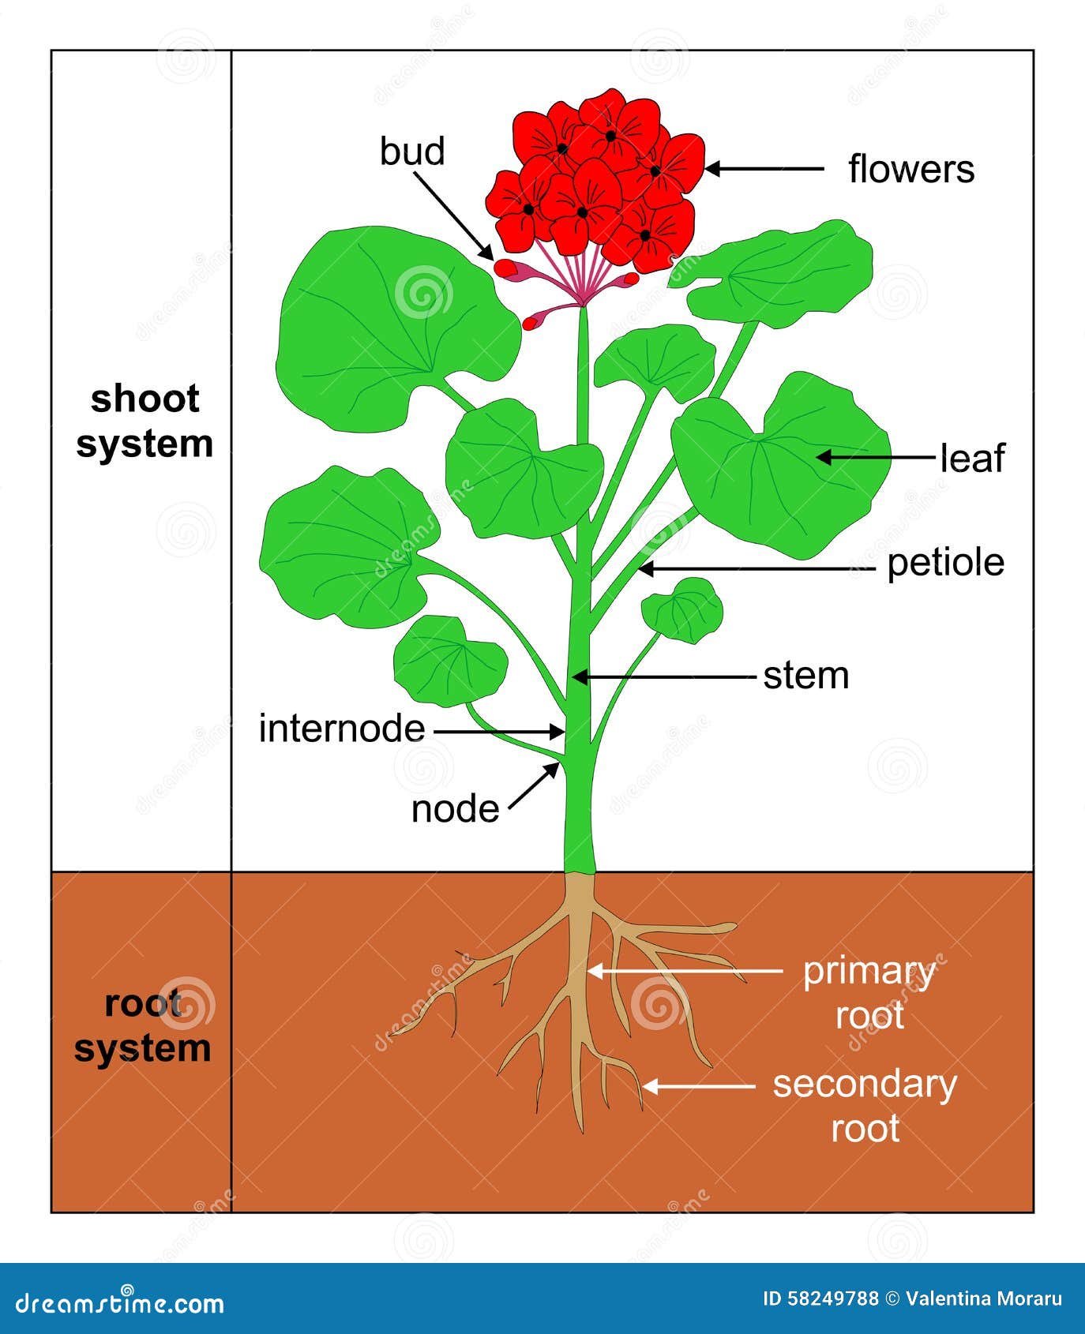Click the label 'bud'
click(412, 151)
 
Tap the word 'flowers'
click(911, 169)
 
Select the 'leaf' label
click(972, 458)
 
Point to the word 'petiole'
click(946, 564)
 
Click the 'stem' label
click(806, 676)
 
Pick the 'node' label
click(456, 809)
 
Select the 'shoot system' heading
click(145, 422)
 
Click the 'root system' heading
click(143, 1025)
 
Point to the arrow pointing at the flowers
click(764, 168)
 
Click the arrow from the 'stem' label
click(664, 676)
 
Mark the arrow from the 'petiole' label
click(757, 568)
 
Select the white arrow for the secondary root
click(698, 1087)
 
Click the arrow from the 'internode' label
click(499, 732)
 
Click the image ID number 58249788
click(833, 1299)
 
